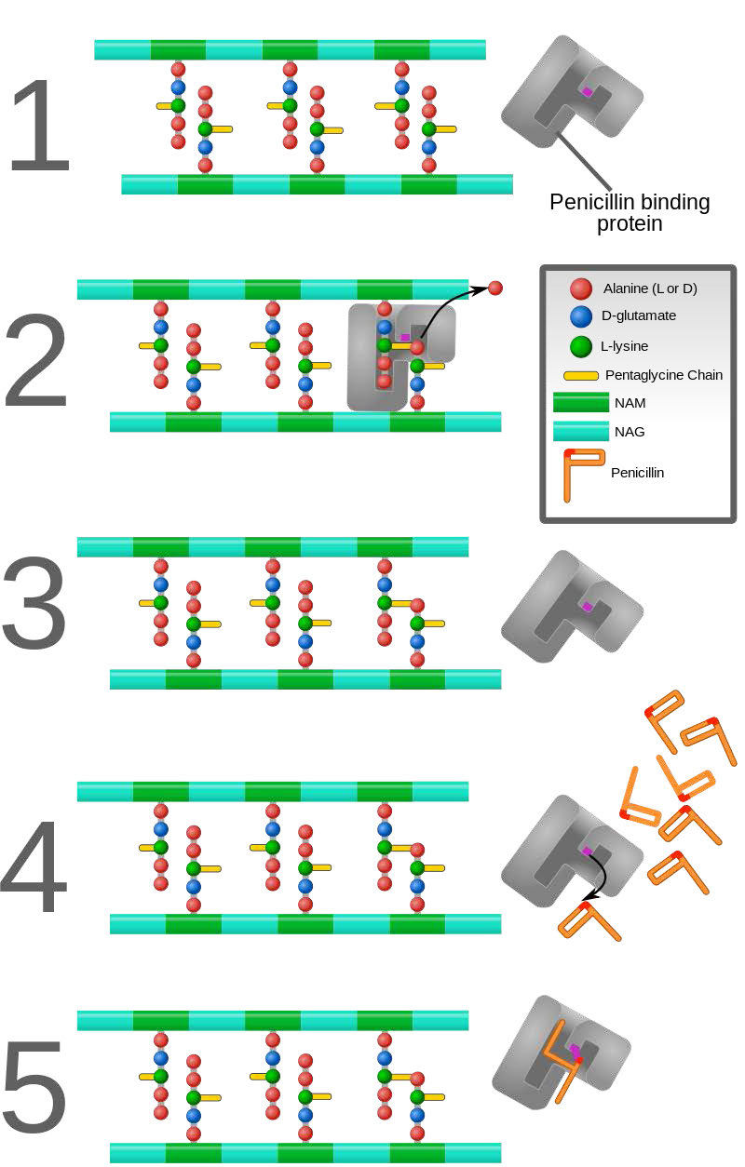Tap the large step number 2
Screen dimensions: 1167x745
[x=37, y=362]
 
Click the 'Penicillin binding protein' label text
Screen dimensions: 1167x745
[x=630, y=213]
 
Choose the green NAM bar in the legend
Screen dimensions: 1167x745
[x=579, y=403]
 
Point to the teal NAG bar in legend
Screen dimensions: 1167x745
[x=579, y=432]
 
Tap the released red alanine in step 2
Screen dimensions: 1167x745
[x=495, y=288]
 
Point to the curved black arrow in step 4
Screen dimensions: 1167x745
[x=599, y=876]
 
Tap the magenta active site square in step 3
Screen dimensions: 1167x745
[x=588, y=607]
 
